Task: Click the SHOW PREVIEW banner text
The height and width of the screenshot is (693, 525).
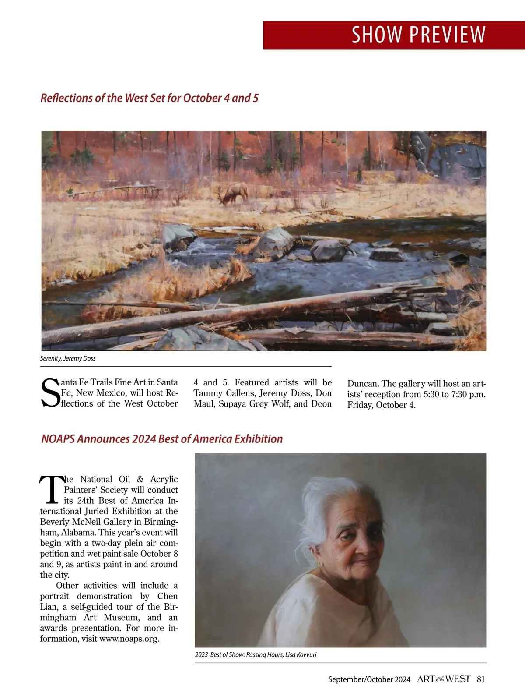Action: click(418, 35)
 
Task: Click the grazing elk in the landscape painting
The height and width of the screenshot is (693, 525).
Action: click(232, 194)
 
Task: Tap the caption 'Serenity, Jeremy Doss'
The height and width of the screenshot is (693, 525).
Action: click(68, 358)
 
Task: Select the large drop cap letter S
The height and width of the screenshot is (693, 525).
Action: click(50, 392)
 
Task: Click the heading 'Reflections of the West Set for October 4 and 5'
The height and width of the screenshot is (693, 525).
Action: click(149, 98)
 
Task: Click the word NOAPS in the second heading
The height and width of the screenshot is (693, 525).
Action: click(58, 439)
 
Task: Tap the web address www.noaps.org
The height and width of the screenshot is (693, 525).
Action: click(129, 639)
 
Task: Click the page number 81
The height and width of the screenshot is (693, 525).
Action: click(481, 679)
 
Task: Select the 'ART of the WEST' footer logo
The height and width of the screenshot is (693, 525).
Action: click(444, 679)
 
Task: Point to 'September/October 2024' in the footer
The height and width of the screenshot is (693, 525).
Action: click(369, 679)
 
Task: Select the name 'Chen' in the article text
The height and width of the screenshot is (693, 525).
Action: click(168, 596)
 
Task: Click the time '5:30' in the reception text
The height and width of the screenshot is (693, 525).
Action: click(433, 394)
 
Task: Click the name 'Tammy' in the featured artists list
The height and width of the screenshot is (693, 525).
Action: click(207, 393)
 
